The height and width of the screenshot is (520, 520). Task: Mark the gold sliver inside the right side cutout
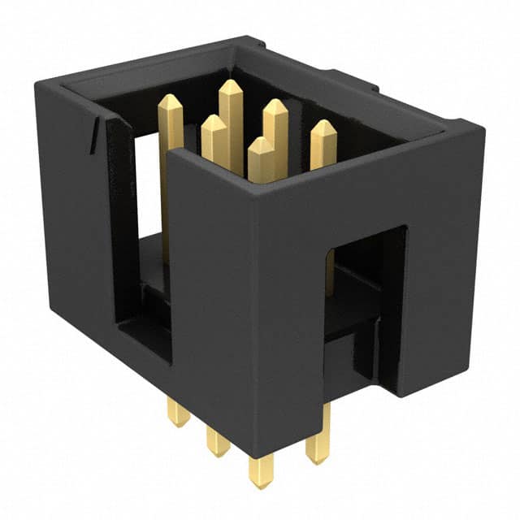coord(329,272)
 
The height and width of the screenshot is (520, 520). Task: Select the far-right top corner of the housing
coord(484,128)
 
